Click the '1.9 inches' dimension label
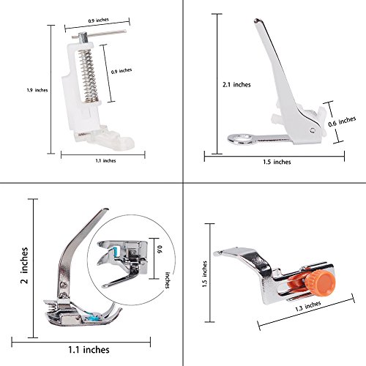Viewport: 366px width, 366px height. click(x=37, y=90)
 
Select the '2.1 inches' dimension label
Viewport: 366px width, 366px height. click(x=236, y=85)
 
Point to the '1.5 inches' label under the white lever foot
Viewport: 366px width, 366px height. click(x=277, y=162)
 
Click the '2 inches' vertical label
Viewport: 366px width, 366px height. click(x=24, y=265)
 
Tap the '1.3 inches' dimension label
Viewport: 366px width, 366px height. click(x=308, y=306)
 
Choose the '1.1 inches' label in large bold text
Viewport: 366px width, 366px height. click(x=89, y=350)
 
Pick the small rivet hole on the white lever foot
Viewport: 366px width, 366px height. click(x=313, y=130)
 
